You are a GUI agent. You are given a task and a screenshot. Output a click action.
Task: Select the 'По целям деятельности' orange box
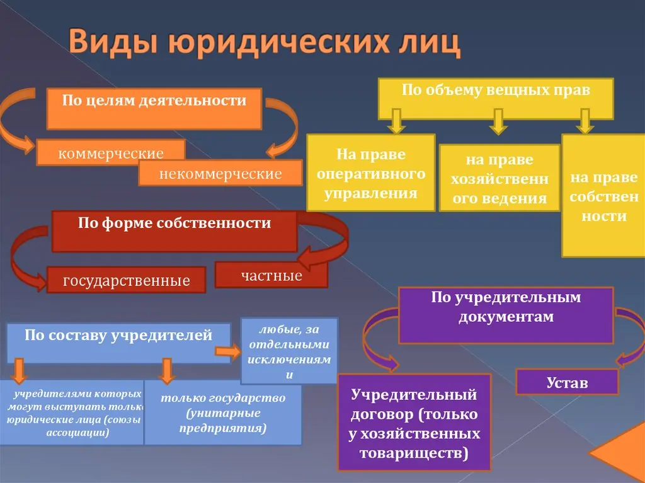[154, 109]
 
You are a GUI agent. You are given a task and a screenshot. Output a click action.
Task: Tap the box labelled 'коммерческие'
[111, 152]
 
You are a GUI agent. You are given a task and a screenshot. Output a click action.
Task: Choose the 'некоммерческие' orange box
[220, 173]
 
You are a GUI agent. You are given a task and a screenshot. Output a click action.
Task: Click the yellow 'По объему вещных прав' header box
[495, 98]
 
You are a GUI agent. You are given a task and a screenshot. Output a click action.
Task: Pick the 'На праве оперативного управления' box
[370, 173]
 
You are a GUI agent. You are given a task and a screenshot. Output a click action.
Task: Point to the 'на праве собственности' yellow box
[603, 196]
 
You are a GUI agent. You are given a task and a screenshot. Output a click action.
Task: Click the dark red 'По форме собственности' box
[174, 230]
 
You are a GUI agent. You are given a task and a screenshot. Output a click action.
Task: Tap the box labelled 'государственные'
[126, 280]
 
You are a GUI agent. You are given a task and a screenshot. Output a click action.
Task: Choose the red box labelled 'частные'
[271, 275]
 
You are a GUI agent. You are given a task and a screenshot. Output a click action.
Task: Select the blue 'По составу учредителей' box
[118, 342]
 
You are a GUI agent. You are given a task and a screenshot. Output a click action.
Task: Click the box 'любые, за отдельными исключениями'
[289, 351]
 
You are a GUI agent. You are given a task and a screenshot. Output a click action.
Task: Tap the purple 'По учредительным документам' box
[505, 315]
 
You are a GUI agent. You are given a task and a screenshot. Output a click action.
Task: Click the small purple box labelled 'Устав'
[566, 382]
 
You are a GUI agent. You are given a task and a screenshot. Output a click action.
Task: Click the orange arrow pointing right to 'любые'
[229, 351]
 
